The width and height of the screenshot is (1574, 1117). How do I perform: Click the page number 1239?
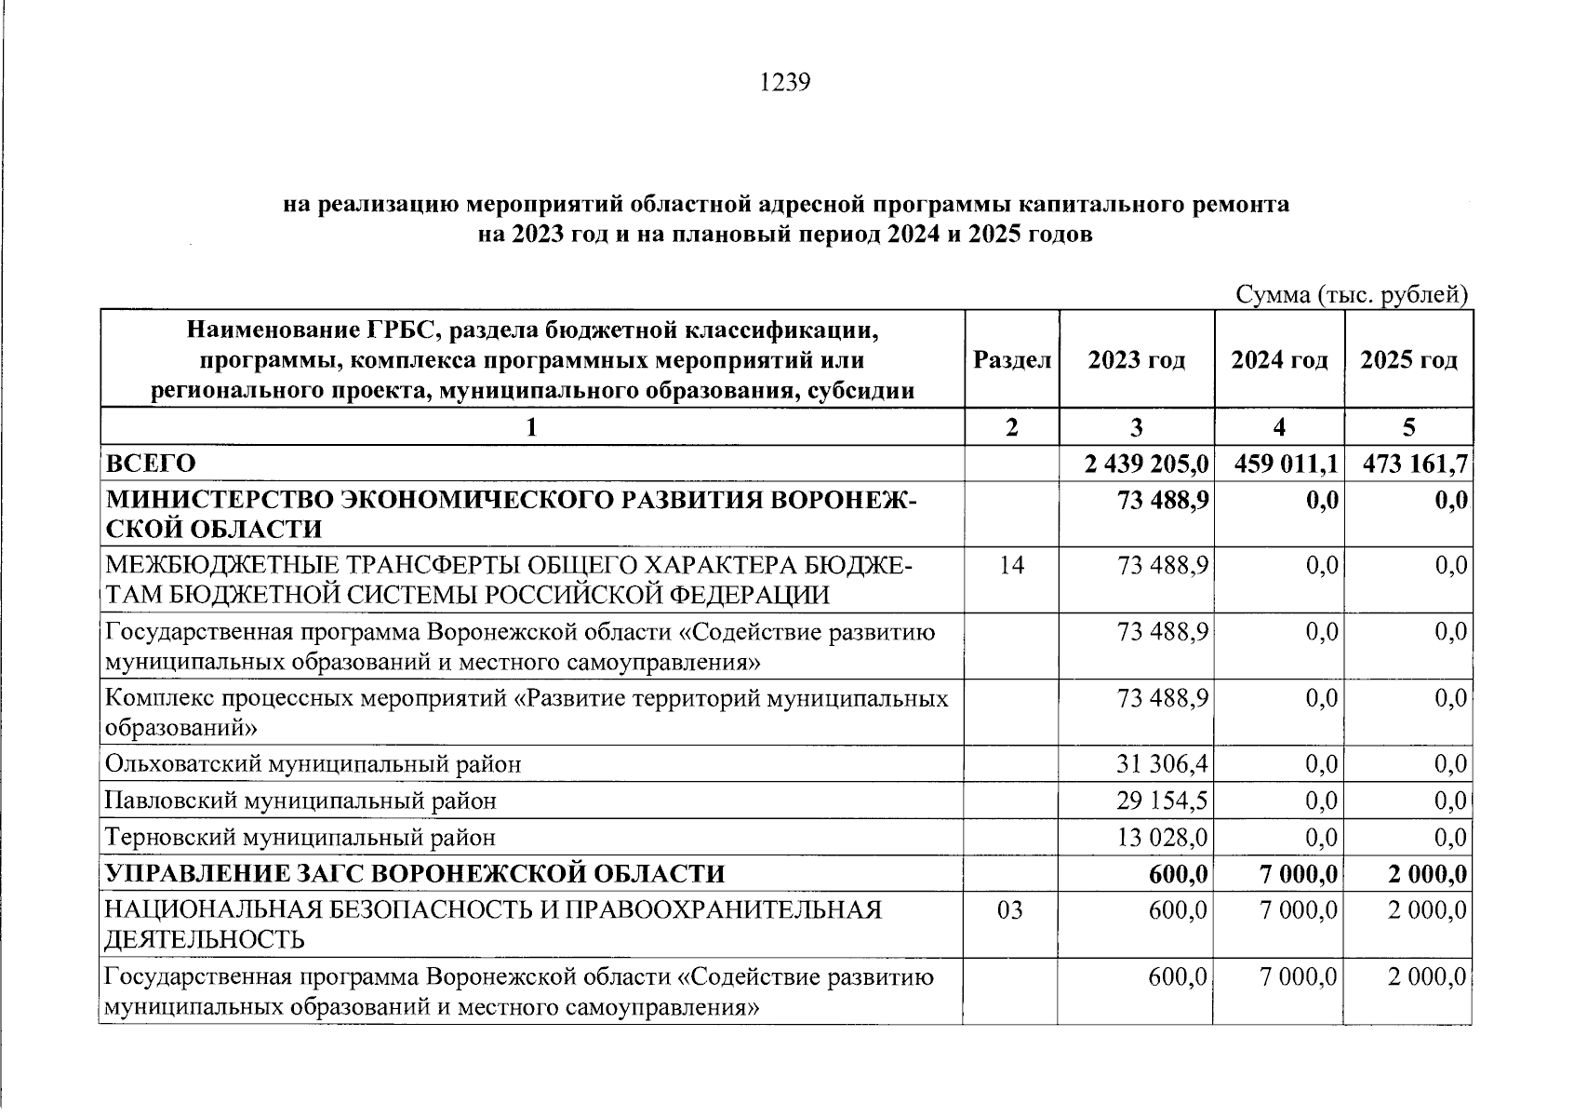785,83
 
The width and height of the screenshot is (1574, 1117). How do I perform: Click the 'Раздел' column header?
1011,360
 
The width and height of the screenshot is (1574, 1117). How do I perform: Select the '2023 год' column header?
1136,360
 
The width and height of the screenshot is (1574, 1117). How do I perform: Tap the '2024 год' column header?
1278,360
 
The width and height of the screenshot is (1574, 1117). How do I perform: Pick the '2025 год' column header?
1407,360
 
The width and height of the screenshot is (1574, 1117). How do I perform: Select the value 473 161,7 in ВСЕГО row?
1414,464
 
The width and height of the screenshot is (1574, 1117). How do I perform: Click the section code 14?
1011,565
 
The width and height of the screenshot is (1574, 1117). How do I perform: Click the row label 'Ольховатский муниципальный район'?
313,764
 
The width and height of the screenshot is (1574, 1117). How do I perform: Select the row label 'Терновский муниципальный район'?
300,837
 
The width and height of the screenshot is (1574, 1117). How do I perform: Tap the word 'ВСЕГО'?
151,464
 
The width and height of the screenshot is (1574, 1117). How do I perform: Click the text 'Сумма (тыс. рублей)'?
1351,295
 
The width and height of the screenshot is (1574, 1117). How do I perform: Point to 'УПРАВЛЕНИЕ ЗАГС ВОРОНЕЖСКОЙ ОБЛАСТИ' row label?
415,873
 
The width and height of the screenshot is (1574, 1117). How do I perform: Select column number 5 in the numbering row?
1408,427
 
